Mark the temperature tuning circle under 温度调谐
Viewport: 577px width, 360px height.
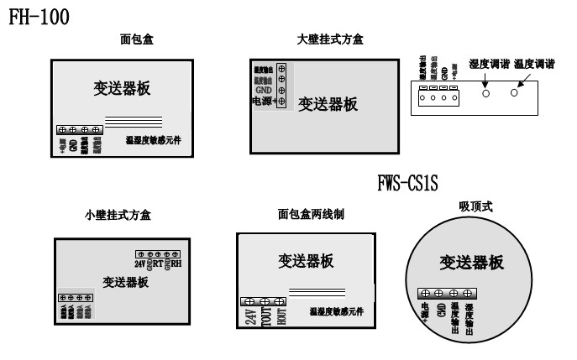tap(515, 91)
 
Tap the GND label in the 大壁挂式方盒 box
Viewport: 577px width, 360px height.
tap(264, 89)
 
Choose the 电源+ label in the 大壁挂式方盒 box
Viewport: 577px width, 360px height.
tap(263, 101)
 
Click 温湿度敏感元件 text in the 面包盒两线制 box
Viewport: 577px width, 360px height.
tap(340, 312)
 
